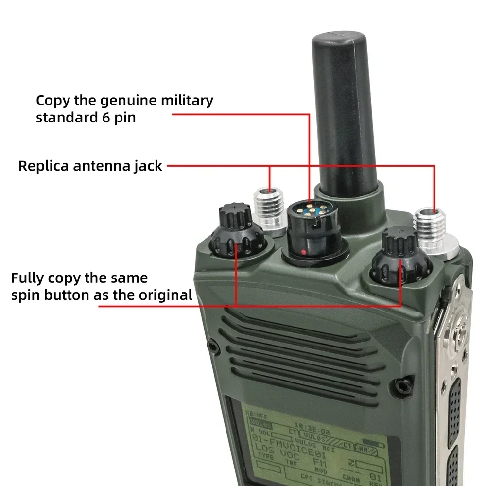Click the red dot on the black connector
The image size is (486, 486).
[304, 252]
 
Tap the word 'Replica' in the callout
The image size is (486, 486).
[43, 166]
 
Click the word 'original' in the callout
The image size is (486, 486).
[166, 295]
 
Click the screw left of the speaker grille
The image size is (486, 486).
[212, 347]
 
